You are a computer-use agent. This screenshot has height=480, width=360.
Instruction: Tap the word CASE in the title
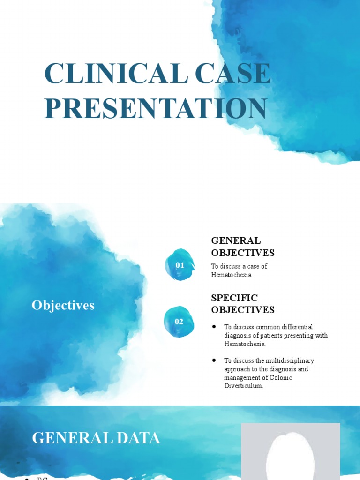[x=236, y=74]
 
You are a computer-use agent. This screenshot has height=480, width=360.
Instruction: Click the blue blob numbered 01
[x=180, y=265]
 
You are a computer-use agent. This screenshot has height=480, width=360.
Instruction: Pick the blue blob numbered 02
[x=179, y=322]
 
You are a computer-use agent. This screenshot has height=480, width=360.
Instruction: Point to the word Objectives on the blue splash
[x=63, y=305]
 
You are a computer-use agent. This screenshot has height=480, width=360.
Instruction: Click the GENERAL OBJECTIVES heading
[x=242, y=247]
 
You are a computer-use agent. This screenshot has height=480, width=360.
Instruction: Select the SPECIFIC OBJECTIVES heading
[x=242, y=304]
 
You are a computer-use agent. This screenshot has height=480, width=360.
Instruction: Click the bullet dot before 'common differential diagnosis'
[x=214, y=326]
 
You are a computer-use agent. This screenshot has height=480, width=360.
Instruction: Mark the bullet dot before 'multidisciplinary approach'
[x=214, y=360]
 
